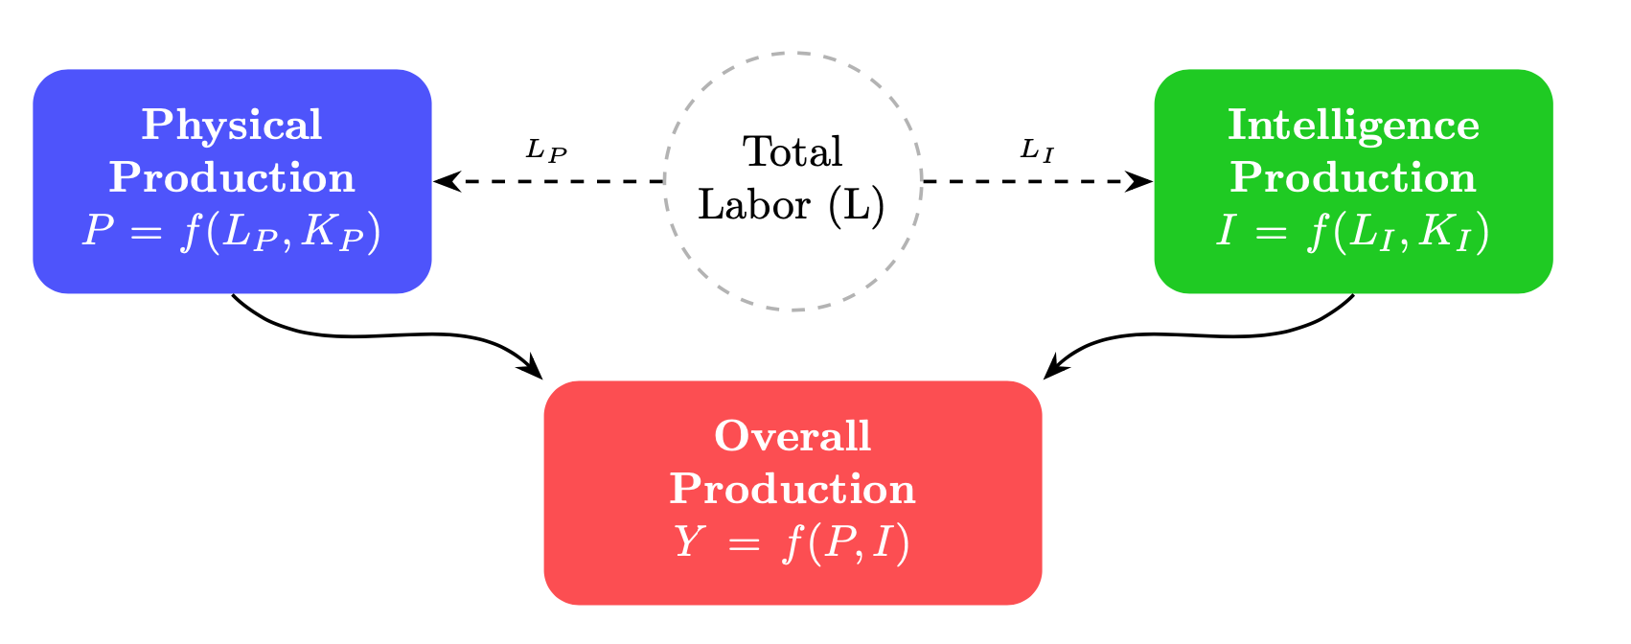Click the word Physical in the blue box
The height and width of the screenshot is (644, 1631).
point(232,126)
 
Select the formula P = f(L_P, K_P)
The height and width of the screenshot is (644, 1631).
point(232,232)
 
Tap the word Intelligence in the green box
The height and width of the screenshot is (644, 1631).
point(1353,126)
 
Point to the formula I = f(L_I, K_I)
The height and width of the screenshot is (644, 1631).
point(1353,232)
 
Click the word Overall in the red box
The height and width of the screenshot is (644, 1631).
point(793,437)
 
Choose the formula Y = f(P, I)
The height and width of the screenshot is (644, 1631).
point(793,543)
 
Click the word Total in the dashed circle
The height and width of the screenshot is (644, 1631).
point(793,152)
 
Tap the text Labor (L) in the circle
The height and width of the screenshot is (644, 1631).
point(792,204)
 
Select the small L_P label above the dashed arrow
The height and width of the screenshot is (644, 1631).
point(547,150)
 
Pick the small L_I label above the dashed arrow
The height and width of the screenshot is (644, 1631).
point(1037,149)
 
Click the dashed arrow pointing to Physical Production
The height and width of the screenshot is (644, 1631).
point(556,180)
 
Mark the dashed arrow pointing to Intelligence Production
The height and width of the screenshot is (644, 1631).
point(1030,180)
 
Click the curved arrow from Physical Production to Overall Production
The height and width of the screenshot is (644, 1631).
point(383,334)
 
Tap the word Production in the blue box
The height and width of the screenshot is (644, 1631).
point(232,178)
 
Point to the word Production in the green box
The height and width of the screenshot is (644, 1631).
point(1353,178)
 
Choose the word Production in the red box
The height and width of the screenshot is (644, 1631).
point(793,490)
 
